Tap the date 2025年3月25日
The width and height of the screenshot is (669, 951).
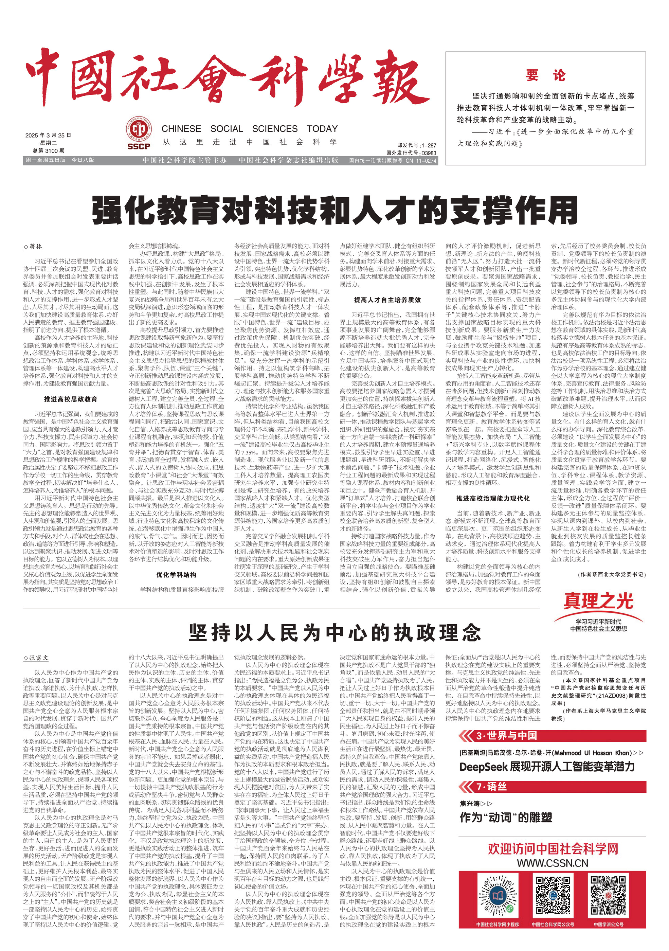tap(49, 136)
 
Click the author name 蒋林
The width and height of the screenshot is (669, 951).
tap(35, 247)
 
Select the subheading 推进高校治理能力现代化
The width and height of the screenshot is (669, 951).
tap(493, 498)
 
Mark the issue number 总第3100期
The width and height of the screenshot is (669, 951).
tap(49, 151)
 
